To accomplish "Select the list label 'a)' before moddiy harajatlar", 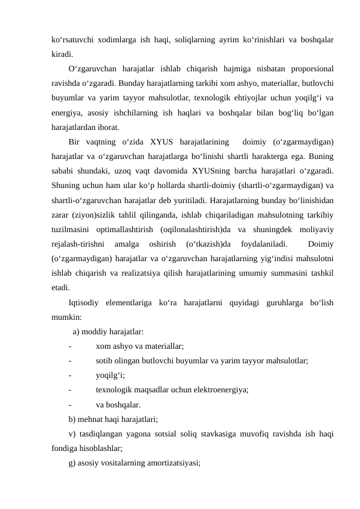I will point(76,331).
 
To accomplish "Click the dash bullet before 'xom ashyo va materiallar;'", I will point(71,346).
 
